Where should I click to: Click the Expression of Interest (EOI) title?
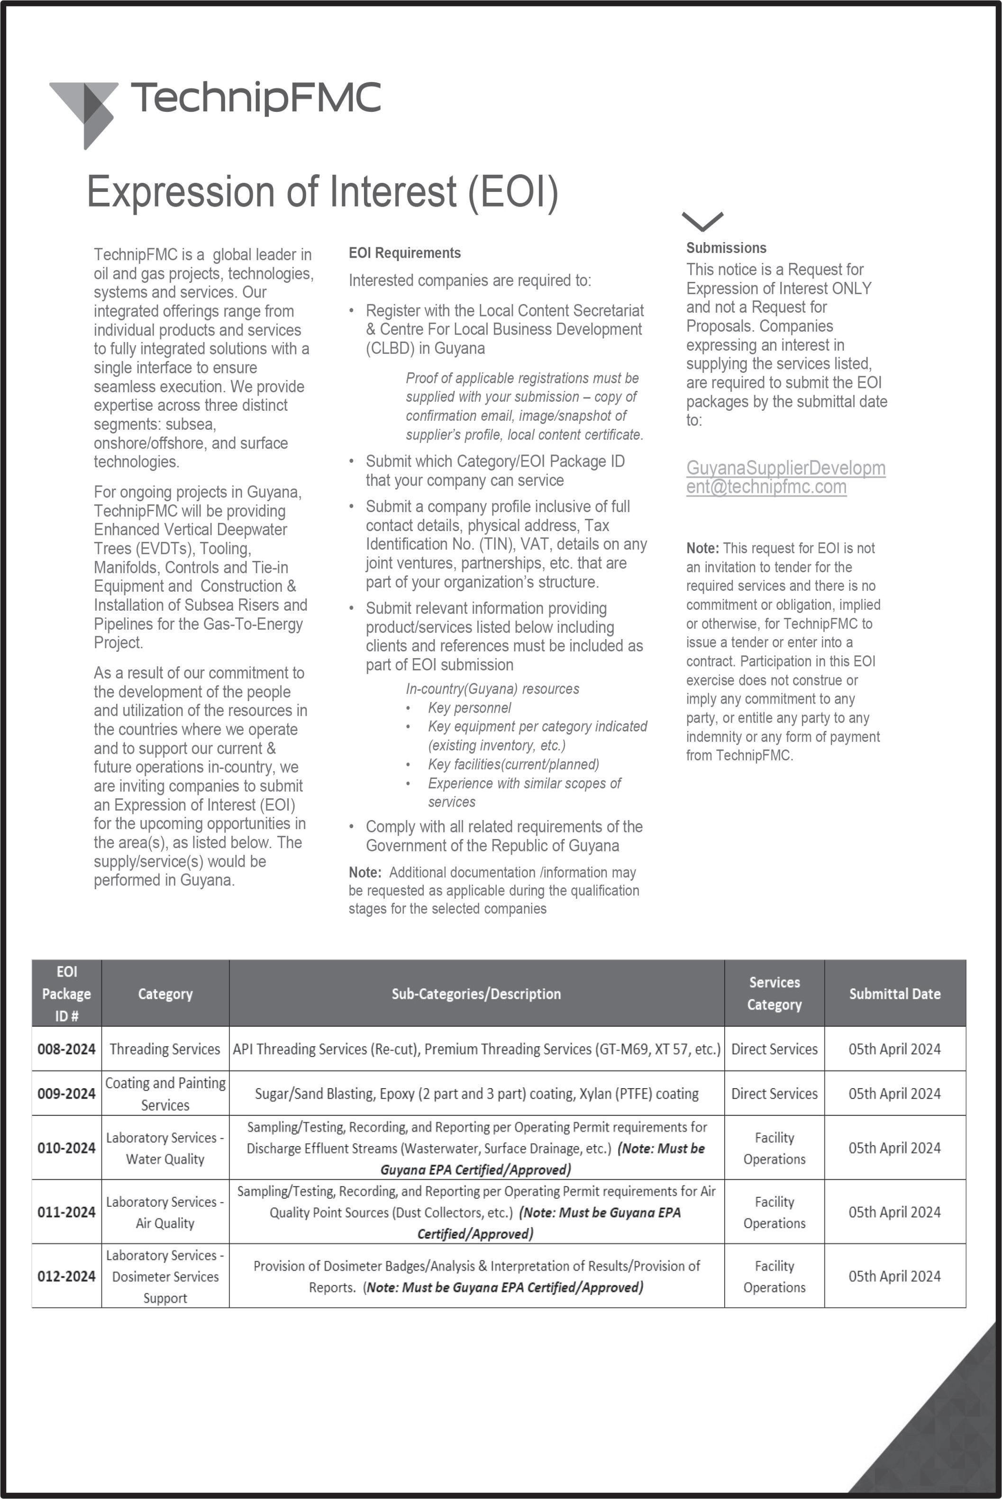322,191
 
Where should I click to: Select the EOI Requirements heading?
404,253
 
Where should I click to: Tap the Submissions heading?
726,248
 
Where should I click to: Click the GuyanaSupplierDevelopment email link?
785,477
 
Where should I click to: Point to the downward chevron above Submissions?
702,221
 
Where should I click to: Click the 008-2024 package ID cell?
66,1049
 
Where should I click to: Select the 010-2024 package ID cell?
66,1148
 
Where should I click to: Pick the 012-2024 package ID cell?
66,1276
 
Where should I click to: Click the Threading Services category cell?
165,1049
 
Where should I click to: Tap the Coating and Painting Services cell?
165,1093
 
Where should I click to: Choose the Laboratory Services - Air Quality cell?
165,1212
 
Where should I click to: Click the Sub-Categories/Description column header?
476,994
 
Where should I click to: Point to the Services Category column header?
774,994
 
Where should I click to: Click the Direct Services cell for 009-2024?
774,1093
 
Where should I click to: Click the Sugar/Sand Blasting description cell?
476,1093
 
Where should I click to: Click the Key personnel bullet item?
469,708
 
